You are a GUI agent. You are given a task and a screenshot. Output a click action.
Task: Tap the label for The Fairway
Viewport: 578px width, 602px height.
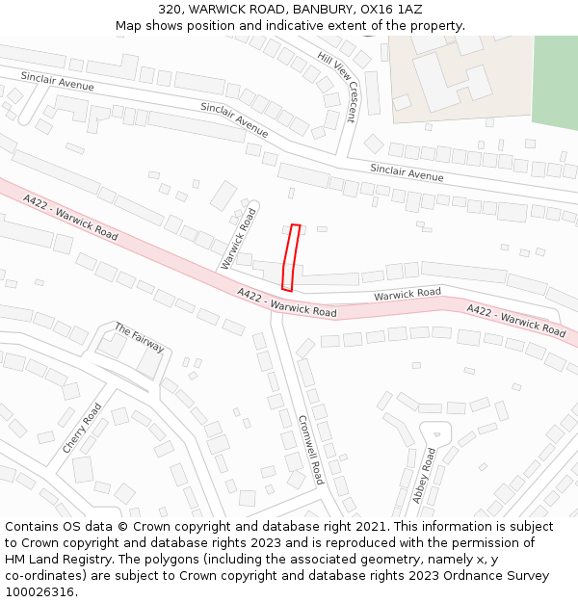point(140,338)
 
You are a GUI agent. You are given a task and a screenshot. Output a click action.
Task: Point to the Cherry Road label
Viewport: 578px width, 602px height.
point(82,429)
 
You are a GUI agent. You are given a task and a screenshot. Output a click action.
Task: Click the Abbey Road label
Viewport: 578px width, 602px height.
point(424,475)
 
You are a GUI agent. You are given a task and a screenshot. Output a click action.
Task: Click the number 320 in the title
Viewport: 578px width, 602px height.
point(171,9)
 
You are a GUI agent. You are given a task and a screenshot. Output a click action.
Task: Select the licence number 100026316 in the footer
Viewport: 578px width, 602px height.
point(41,591)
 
